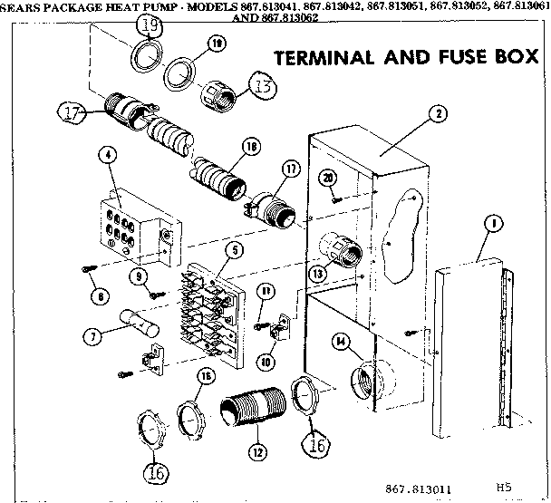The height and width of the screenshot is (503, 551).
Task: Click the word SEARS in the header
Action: click(19, 6)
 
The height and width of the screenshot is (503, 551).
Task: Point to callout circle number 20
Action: click(329, 178)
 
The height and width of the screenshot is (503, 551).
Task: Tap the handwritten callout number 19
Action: click(151, 25)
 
